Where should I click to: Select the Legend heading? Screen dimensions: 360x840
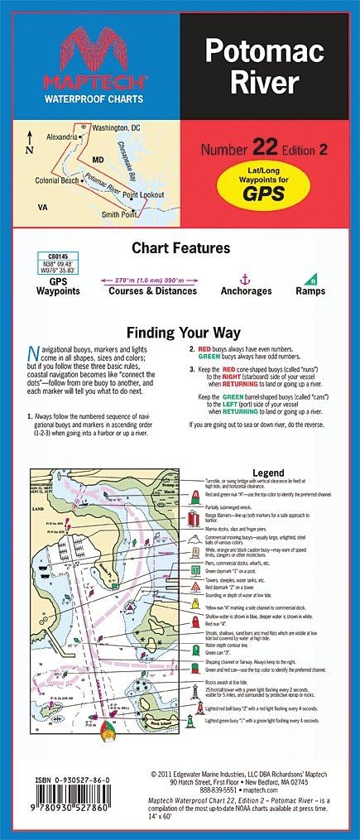coord(267,473)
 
